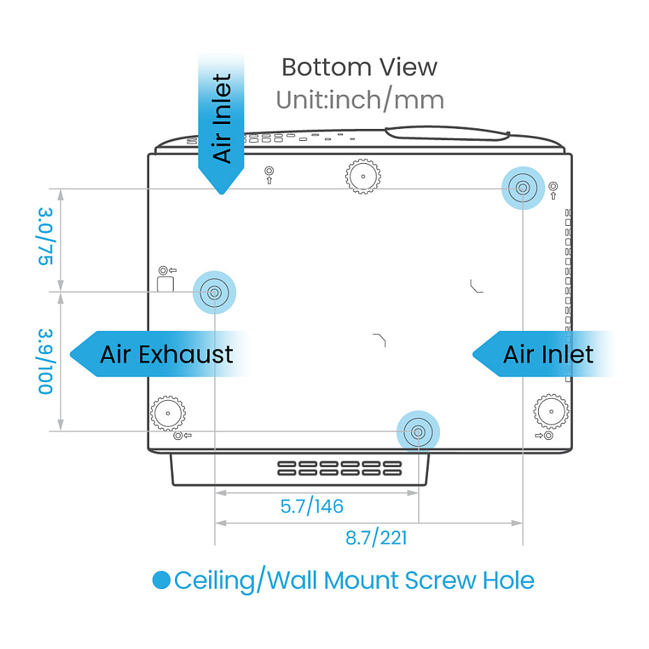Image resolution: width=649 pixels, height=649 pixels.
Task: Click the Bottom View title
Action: point(359,68)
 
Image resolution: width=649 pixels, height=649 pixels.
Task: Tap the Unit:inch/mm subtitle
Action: point(359,100)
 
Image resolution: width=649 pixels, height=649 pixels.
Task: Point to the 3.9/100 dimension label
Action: point(46,361)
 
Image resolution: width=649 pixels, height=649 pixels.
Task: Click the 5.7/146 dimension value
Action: point(312,506)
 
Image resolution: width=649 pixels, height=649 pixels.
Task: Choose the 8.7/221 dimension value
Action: point(376,537)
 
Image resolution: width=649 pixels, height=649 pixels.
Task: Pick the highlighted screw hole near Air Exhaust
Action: point(215,293)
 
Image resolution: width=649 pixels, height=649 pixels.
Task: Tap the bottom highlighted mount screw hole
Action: point(418,432)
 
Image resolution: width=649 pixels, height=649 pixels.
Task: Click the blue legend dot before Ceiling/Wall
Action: point(161,580)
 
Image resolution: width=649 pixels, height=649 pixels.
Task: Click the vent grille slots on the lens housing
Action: point(339,468)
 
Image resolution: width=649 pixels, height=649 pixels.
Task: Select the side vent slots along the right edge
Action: point(568,293)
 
